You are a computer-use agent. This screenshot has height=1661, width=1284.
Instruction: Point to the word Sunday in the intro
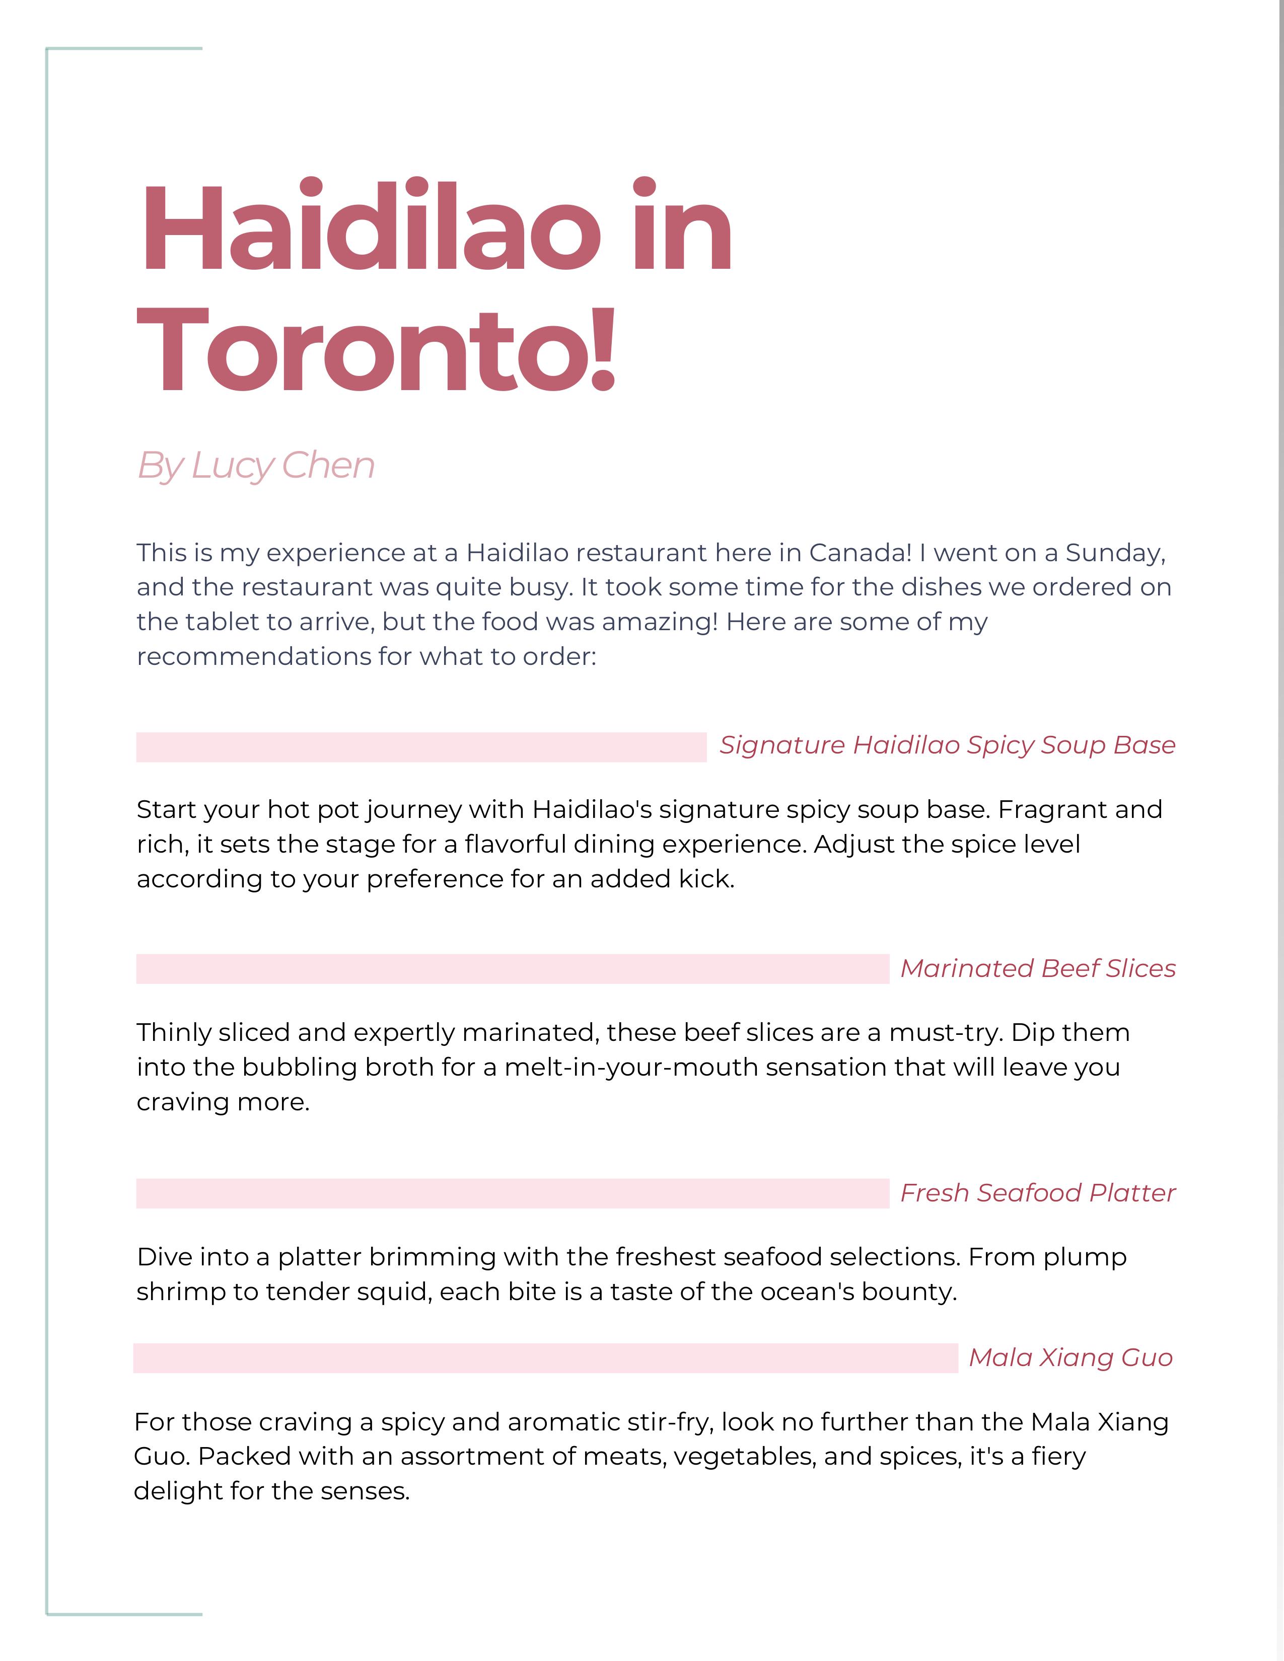[1114, 552]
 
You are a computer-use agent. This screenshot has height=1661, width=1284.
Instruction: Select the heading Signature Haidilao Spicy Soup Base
[947, 745]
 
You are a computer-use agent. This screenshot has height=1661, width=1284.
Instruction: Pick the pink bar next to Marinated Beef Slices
[512, 969]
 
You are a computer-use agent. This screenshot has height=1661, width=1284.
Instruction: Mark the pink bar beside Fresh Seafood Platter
[512, 1193]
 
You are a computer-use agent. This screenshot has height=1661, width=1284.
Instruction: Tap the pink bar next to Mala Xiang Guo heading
[545, 1358]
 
